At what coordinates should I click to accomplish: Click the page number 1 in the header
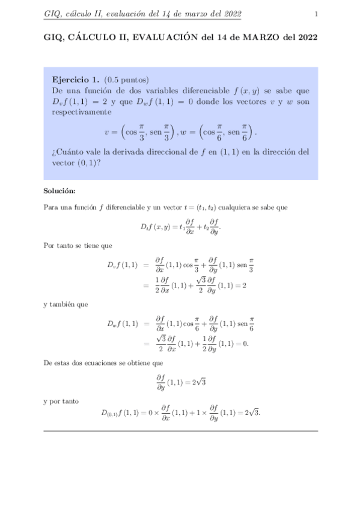[x=316, y=14]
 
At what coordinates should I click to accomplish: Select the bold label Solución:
[x=59, y=191]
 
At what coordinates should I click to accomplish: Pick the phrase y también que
[x=66, y=304]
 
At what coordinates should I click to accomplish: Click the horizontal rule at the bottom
[x=180, y=431]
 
